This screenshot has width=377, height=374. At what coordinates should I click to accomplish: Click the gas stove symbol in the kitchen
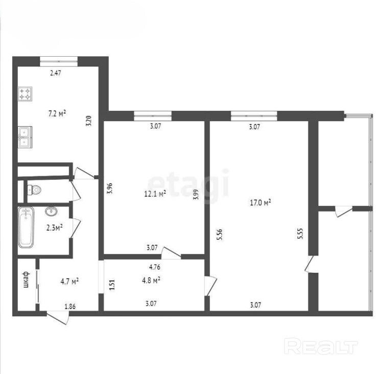click(x=25, y=94)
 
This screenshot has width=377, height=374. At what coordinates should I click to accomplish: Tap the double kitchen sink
click(x=25, y=137)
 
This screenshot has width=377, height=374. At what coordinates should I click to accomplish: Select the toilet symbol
click(x=34, y=190)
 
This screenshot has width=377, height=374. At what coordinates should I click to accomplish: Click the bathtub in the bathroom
click(x=26, y=227)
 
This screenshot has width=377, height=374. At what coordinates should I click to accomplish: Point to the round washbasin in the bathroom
click(x=51, y=211)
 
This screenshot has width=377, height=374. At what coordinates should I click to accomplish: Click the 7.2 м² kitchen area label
click(x=57, y=113)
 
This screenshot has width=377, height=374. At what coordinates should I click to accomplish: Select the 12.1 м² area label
click(x=155, y=193)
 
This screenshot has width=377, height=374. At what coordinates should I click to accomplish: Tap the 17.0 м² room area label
click(x=261, y=202)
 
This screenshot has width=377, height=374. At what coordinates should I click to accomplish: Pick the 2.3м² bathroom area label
click(x=55, y=227)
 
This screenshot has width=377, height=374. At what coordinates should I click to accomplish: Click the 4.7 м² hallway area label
click(x=69, y=281)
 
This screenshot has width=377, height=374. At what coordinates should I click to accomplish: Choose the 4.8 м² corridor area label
click(x=151, y=280)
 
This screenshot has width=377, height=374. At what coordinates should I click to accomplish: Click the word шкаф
click(x=26, y=279)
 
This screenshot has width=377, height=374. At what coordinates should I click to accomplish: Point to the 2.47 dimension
click(x=56, y=73)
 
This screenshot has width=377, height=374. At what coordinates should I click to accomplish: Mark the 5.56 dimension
click(x=220, y=235)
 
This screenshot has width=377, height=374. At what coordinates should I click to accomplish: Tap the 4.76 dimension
click(x=155, y=267)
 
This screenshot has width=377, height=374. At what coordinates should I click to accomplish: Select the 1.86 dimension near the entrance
click(x=70, y=306)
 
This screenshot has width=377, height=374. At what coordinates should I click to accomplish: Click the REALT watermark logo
click(x=321, y=346)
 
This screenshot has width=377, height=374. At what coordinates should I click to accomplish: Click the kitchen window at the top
click(x=59, y=61)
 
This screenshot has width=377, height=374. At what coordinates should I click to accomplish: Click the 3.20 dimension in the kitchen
click(x=88, y=121)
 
